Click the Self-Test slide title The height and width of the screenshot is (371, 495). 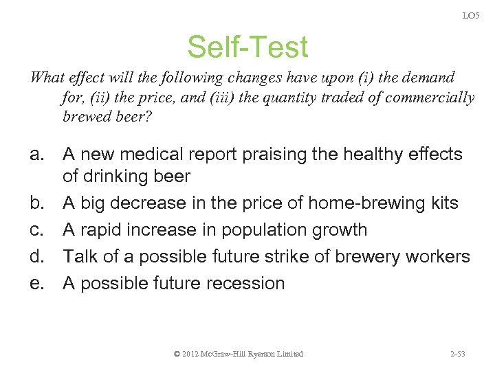click(247, 47)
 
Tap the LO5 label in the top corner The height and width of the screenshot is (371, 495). click(471, 15)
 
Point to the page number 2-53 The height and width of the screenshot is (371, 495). click(457, 354)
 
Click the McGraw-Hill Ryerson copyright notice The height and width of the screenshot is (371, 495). click(239, 354)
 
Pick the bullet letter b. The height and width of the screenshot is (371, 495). click(38, 203)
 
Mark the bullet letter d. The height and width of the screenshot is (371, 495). click(38, 256)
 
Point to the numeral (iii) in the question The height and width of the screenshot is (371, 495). click(211, 97)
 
